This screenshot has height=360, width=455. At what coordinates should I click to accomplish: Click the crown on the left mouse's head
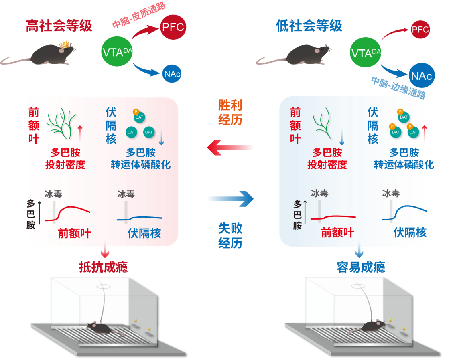pyautogui.click(x=64, y=44)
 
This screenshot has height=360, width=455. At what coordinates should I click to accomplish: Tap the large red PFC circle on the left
pyautogui.click(x=173, y=27)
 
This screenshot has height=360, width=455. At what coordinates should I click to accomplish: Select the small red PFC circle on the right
pyautogui.click(x=420, y=30)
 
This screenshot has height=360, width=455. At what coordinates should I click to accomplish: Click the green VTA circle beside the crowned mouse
pyautogui.click(x=117, y=52)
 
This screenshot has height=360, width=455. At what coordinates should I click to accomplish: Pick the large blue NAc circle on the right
pyautogui.click(x=422, y=75)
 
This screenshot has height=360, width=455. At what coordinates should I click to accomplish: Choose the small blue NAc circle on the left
pyautogui.click(x=172, y=74)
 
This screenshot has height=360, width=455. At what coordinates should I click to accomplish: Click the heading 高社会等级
pyautogui.click(x=59, y=26)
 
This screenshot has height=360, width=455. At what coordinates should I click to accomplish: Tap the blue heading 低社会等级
pyautogui.click(x=309, y=26)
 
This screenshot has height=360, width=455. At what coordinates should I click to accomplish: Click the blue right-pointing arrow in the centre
pyautogui.click(x=230, y=198)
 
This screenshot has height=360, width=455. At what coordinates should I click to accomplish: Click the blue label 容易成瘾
pyautogui.click(x=361, y=267)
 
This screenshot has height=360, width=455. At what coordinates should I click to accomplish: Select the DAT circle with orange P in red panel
pyautogui.click(x=139, y=117)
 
